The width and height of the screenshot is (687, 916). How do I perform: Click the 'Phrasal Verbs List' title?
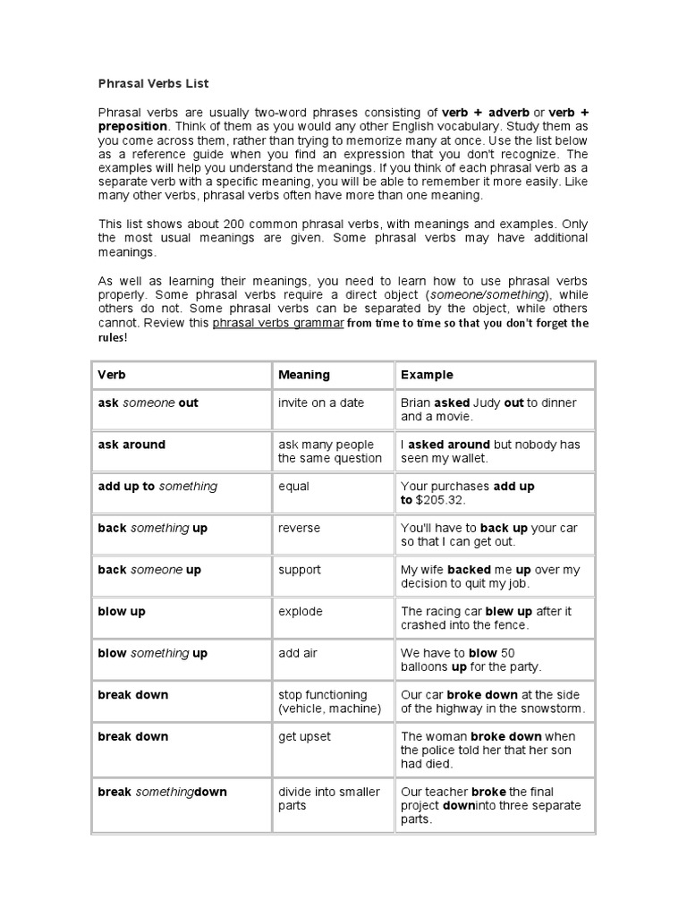[153, 83]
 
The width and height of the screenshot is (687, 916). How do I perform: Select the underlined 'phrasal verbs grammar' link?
[277, 323]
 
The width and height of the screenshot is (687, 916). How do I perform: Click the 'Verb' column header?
[112, 375]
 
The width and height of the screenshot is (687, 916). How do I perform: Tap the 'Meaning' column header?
[304, 375]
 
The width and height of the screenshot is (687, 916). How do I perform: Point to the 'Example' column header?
[427, 375]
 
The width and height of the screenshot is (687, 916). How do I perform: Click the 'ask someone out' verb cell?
[148, 403]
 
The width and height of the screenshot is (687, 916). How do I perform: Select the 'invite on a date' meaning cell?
[321, 403]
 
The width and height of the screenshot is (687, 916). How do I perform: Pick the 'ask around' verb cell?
[131, 445]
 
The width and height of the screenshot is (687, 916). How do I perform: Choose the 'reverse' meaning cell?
[299, 528]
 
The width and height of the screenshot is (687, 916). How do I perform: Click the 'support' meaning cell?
[299, 570]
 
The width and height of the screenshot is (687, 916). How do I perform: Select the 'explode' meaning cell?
[300, 612]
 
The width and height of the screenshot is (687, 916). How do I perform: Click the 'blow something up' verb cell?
[152, 653]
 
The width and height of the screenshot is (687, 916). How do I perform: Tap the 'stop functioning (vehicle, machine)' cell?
[329, 702]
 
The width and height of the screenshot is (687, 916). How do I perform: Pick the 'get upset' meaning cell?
[304, 736]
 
